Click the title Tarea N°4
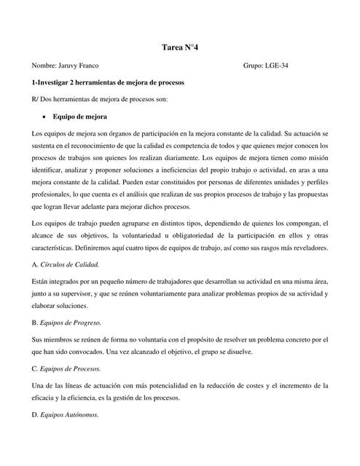pos(180,47)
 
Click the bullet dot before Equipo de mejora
pos(44,116)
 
